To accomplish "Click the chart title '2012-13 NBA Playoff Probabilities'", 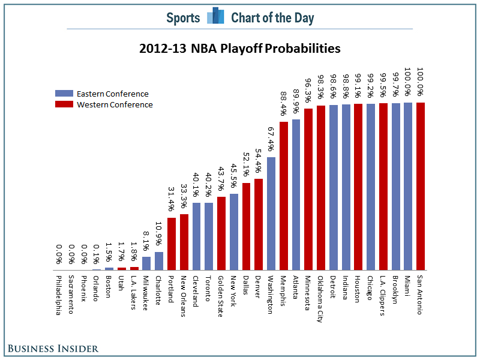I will tap(239, 48).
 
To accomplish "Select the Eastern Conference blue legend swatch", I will tap(64, 94).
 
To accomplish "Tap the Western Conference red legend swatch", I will tap(64, 104).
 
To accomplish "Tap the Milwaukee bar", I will tap(146, 263).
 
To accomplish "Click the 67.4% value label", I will tap(271, 139).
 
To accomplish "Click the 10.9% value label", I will tap(159, 235).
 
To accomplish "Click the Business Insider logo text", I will tap(53, 348).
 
